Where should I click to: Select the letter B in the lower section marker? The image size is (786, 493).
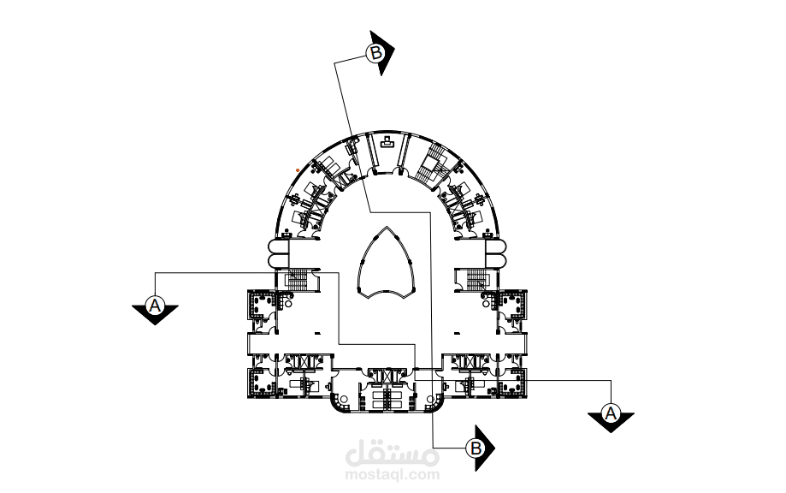click(476, 448)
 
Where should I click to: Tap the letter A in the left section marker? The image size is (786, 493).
click(155, 305)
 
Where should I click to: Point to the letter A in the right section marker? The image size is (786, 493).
click(611, 413)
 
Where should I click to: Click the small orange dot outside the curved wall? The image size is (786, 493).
click(298, 170)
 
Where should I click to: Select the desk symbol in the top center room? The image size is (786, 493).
click(387, 143)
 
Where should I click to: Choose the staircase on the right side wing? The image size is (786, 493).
click(476, 279)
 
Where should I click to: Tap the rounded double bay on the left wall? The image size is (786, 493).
click(278, 253)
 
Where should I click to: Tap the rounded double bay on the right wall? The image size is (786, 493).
click(496, 253)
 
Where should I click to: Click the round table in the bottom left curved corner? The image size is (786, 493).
click(344, 400)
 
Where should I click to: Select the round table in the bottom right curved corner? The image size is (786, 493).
click(429, 400)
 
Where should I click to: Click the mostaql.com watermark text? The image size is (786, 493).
click(393, 474)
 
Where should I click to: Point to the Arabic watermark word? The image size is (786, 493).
click(393, 453)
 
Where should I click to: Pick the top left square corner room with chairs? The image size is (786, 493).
click(261, 305)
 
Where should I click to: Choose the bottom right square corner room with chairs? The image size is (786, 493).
click(513, 383)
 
